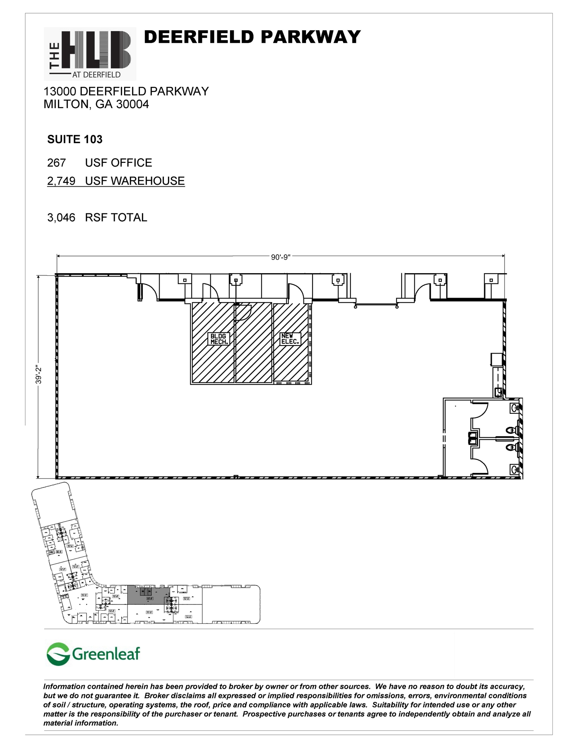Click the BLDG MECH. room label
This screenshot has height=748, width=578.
(x=219, y=339)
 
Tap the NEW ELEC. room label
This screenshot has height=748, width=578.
(x=290, y=339)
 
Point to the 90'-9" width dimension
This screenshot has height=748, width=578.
(x=280, y=257)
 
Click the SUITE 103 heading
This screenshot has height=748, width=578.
(x=75, y=139)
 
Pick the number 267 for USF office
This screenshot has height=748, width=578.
(x=56, y=163)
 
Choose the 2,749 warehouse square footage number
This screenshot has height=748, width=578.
(x=61, y=181)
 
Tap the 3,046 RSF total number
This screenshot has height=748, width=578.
(x=61, y=217)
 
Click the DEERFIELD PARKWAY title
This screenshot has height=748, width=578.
(x=252, y=37)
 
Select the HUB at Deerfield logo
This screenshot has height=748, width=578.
(x=90, y=54)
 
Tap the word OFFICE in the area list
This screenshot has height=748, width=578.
(x=131, y=163)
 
